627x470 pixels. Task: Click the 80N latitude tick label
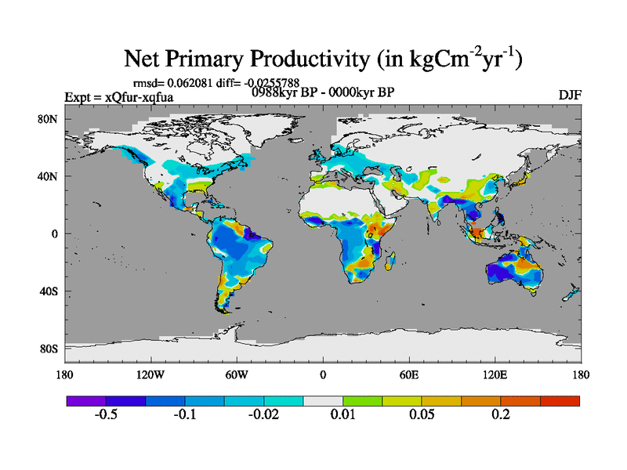51,119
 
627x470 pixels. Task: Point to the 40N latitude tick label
51,176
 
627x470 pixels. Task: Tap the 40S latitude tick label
51,291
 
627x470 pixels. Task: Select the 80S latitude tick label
51,349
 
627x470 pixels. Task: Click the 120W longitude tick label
150,374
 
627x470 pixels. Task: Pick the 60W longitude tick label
236,374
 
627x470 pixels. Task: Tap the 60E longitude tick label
408,374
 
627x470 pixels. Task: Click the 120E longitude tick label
495,374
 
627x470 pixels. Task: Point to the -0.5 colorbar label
106,414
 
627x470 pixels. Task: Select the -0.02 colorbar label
263,414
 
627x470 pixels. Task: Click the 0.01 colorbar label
343,414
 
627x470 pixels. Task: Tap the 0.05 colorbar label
422,414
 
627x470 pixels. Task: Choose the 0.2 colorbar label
501,414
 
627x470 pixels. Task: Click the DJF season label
569,96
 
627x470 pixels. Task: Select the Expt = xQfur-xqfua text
118,97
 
